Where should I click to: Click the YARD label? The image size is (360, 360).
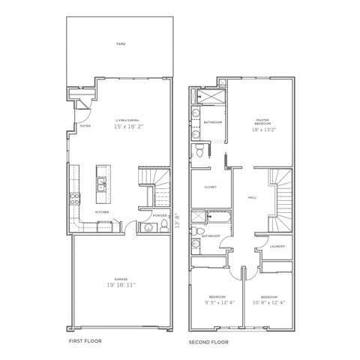[121, 44]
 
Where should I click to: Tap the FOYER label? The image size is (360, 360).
[85, 126]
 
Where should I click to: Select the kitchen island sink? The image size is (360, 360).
[100, 181]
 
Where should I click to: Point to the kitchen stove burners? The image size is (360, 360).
[75, 199]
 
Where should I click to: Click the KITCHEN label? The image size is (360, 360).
[103, 212]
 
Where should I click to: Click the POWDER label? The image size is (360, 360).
[159, 214]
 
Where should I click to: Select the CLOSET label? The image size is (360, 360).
[211, 187]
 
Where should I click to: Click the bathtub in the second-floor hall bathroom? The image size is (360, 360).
[217, 218]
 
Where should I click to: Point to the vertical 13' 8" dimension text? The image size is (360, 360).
[177, 221]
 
